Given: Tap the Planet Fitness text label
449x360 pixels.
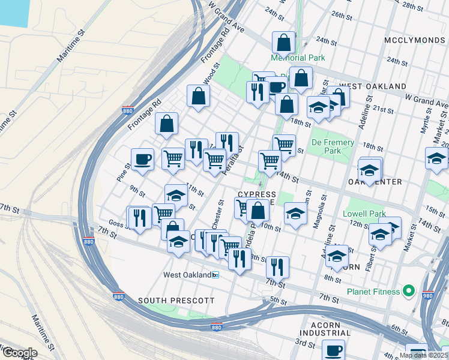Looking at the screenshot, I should tap(372, 292).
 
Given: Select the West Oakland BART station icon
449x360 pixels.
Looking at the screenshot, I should tap(215, 275).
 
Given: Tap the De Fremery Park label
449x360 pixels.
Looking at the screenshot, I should tap(332, 147).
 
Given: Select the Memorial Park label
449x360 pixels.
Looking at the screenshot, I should tap(297, 58).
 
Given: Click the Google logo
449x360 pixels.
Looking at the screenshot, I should tap(20, 353).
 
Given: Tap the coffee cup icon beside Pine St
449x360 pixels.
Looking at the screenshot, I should tap(142, 159).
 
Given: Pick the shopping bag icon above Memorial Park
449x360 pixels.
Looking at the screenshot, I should tap(283, 42).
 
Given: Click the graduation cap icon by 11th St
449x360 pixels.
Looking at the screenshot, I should tap(176, 196).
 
